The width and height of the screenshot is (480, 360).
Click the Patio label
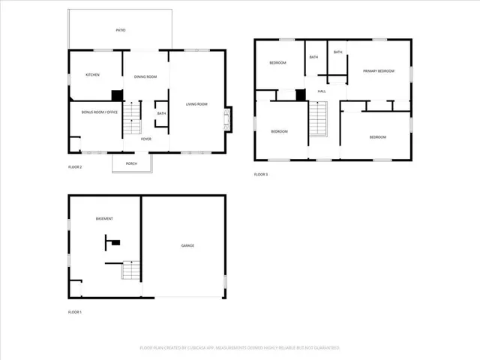pos(120,31)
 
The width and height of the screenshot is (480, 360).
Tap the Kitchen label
pos(92,75)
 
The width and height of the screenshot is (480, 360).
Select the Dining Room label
pos(145,77)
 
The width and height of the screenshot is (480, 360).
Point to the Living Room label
pos(196,104)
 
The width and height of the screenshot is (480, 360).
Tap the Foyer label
pos(147,139)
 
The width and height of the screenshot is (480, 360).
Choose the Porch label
pos(131,163)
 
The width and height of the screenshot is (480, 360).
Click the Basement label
pos(104,219)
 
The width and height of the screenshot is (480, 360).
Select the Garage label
pos(187,245)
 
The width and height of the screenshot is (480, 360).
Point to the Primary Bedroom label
pos(379,71)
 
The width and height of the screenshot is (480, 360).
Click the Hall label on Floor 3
pos(321,91)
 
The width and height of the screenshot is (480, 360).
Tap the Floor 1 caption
pos(75,311)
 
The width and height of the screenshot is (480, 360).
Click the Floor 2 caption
pos(75,167)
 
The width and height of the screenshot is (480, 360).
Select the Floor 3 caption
pos(260,175)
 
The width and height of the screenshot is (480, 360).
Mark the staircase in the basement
pos(132,270)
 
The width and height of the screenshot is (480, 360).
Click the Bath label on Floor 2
pos(161,114)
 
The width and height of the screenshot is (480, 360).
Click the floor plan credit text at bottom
pos(240,348)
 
